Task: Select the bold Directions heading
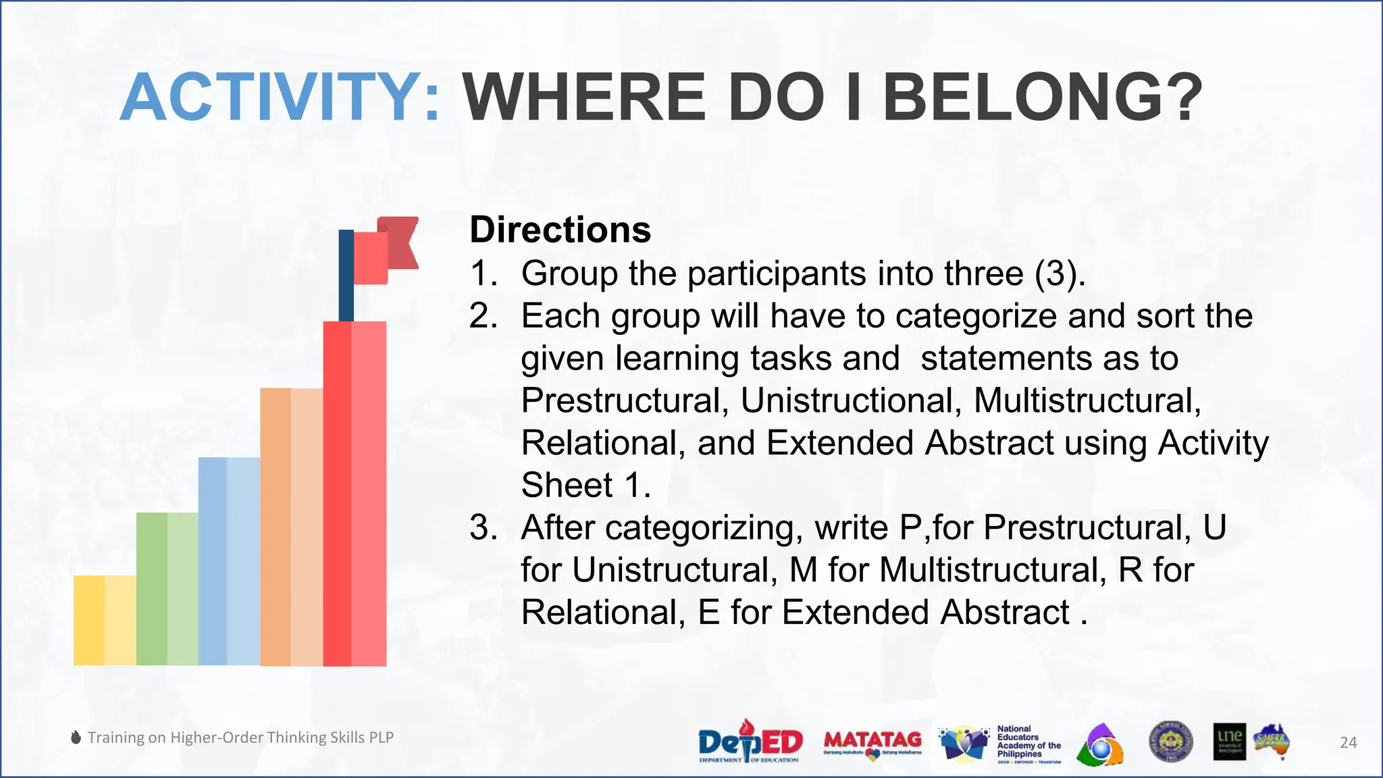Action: coord(560,230)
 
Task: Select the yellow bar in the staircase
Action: coord(105,620)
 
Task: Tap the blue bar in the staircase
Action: coord(229,561)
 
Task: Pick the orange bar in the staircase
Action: coord(291,527)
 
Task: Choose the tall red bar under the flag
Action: coord(355,493)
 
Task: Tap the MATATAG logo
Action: coord(872,742)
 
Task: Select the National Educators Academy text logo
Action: coord(1028,743)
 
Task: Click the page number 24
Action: coord(1348,742)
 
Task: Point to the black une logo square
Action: coord(1229,742)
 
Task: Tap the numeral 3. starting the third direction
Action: coord(484,527)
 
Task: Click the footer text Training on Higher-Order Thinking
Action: coord(240,737)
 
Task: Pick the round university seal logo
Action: coord(1170,742)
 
